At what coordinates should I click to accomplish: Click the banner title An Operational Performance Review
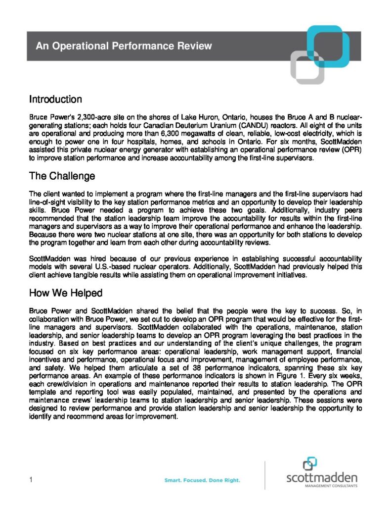pyautogui.click(x=124, y=47)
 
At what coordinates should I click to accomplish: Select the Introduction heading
pyautogui.click(x=55, y=100)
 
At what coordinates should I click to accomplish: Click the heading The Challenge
pyautogui.click(x=62, y=176)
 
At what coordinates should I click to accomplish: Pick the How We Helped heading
pyautogui.click(x=66, y=293)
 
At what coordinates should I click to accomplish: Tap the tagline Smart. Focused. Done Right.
pyautogui.click(x=202, y=480)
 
